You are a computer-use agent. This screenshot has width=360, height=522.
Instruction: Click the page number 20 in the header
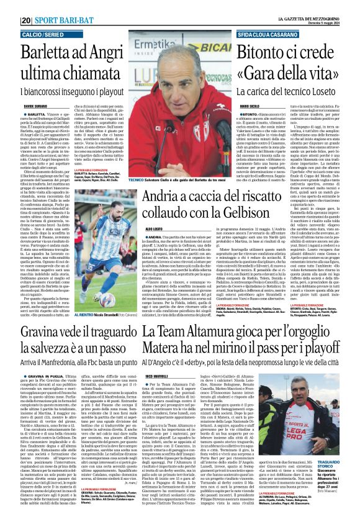[x=27, y=20]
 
